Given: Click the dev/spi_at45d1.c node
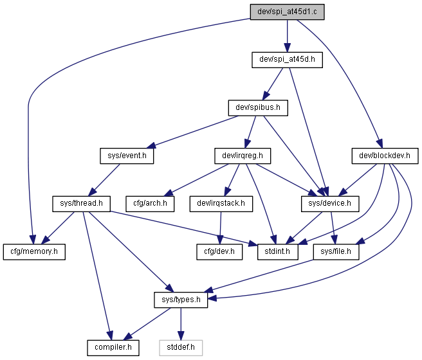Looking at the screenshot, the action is coord(287,12).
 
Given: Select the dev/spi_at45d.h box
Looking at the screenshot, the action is coord(287,60).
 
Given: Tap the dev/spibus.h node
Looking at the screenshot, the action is coord(258,108).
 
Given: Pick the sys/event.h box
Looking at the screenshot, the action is coord(127,156).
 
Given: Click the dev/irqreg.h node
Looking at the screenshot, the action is coord(243,156).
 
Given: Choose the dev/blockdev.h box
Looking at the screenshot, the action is coord(385,156).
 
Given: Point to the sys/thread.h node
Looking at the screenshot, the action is coord(81,204).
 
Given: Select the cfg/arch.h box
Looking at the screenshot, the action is coord(150,204).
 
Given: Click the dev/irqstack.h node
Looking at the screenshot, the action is coord(221,204).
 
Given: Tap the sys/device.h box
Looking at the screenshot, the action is coord(330,204).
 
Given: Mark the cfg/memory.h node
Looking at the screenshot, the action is coord(34,252).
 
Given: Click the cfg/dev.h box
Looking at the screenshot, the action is coord(219,252).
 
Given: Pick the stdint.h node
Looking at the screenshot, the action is coord(277,252).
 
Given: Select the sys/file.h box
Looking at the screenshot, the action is coord(336,252).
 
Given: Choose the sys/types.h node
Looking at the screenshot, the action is coord(181,300).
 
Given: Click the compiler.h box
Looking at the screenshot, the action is coord(113,348).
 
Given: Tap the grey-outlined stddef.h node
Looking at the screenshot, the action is coord(181,348).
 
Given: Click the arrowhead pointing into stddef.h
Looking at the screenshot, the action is coord(181,336).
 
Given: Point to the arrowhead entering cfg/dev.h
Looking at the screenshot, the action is coord(220,240).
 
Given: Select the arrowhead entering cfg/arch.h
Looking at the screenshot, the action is coord(169,194).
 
